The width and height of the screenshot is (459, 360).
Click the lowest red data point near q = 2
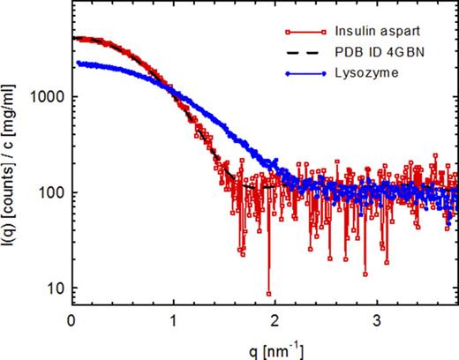(x=268, y=294)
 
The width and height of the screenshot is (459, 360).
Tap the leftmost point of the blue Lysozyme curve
(x=78, y=64)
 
